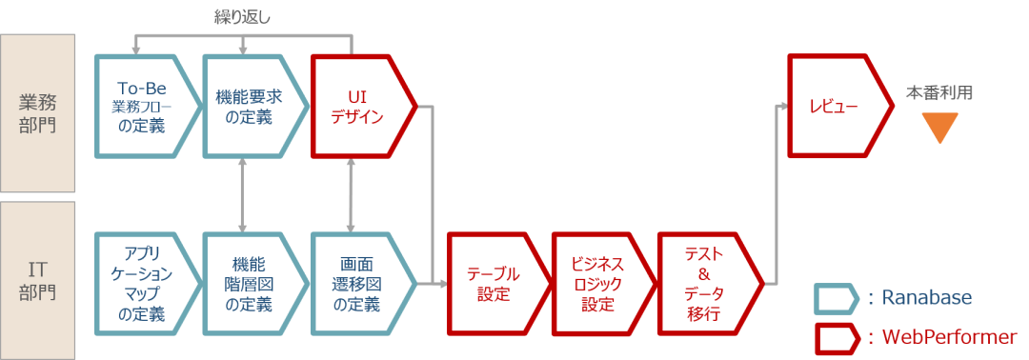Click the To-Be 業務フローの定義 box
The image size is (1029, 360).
tap(143, 106)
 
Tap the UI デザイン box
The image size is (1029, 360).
tap(358, 106)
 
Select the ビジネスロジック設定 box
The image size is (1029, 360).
tap(598, 283)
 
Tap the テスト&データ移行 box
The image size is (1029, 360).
tap(705, 283)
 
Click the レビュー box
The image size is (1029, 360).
tap(834, 106)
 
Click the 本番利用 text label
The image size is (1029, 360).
tap(939, 93)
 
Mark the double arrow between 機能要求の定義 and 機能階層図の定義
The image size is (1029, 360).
tap(245, 195)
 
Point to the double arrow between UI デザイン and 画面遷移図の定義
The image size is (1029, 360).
tap(353, 195)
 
